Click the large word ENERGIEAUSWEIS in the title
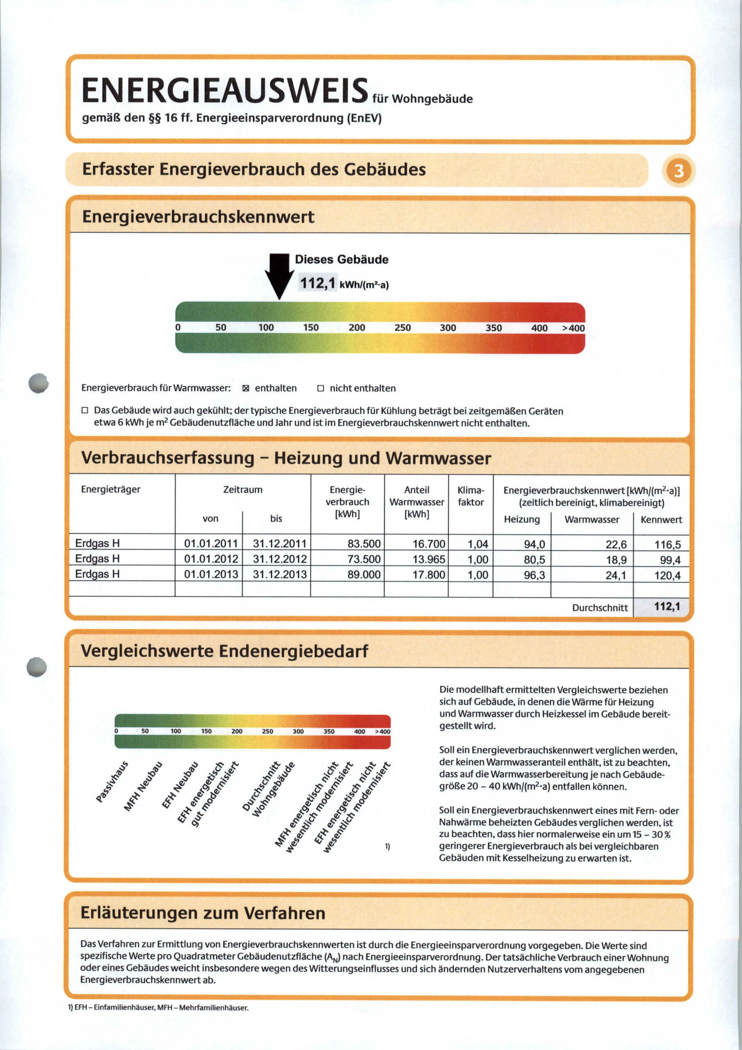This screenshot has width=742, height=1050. click(x=225, y=90)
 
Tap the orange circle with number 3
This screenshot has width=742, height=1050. click(x=679, y=171)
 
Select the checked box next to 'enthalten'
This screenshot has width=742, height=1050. click(x=246, y=388)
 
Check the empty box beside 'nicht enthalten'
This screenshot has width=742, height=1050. click(x=321, y=388)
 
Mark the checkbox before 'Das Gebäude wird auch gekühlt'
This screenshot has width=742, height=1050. click(x=84, y=410)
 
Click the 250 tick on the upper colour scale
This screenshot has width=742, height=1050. click(x=402, y=327)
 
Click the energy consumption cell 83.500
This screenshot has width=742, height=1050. click(x=364, y=544)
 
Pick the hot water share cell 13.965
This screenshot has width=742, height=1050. click(x=429, y=559)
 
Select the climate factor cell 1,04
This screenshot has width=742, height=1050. click(x=478, y=544)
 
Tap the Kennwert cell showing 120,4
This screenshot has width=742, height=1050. click(x=667, y=575)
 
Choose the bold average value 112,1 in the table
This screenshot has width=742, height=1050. click(x=667, y=606)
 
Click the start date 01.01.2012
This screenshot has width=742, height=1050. click(x=211, y=559)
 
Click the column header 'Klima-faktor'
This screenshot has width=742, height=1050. click(x=471, y=496)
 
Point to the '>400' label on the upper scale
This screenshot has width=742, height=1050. click(x=573, y=328)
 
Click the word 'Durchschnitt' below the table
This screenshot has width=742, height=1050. click(x=600, y=608)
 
